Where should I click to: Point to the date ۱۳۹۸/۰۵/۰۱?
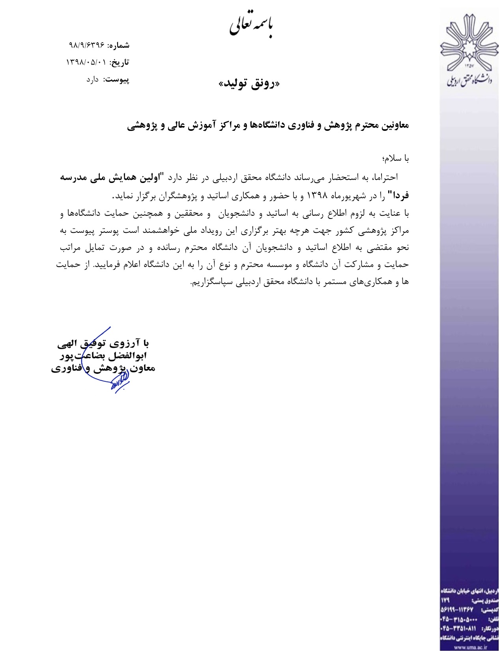click(86, 62)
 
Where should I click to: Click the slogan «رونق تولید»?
click(249, 84)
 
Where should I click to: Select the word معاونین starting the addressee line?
click(393, 125)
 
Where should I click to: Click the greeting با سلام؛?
click(395, 158)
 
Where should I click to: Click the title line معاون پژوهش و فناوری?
click(103, 368)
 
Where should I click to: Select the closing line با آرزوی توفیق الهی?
click(103, 343)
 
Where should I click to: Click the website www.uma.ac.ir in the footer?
click(470, 648)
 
